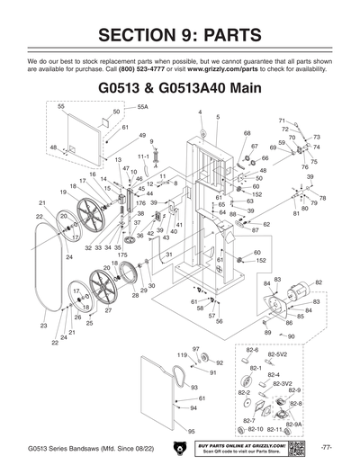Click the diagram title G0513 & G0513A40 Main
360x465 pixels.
tap(179, 92)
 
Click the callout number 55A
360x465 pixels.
tap(142, 106)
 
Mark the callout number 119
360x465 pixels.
tap(181, 356)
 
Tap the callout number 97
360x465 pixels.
tap(195, 348)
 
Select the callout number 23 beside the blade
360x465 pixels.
tap(42, 325)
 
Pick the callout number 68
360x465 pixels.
tap(247, 133)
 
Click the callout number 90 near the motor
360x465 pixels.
tap(291, 336)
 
